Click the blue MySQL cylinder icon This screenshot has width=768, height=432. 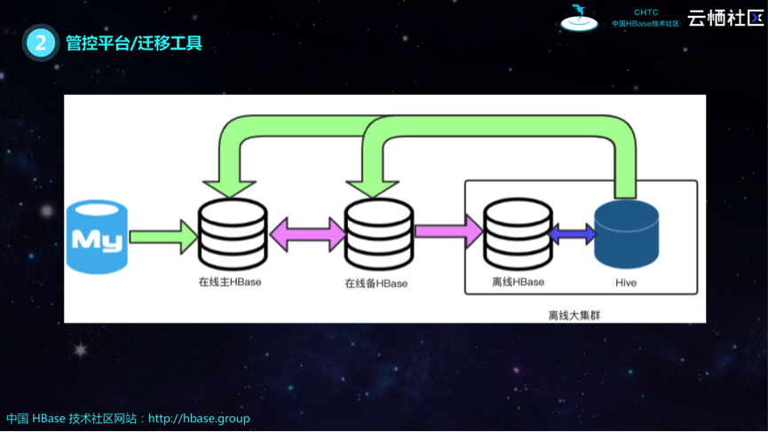(x=97, y=237)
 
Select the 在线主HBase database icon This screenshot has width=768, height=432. (x=233, y=234)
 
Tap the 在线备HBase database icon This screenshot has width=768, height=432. (x=379, y=234)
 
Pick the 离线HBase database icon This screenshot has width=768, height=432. (x=518, y=234)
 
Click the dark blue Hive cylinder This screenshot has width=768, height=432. (x=626, y=234)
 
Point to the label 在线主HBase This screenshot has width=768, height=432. (x=230, y=282)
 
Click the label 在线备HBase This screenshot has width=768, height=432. (x=376, y=283)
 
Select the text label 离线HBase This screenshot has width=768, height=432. (x=518, y=282)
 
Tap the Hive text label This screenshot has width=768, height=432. (x=626, y=282)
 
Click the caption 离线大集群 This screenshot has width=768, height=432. (x=574, y=315)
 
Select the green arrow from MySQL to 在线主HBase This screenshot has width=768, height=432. (x=163, y=237)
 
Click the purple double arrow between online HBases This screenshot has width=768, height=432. (x=307, y=234)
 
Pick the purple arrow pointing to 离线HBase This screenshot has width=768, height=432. (x=448, y=232)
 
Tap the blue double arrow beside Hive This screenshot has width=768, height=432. (x=573, y=234)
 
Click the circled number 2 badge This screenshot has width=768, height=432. (x=40, y=43)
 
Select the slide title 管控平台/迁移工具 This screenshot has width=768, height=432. (x=134, y=43)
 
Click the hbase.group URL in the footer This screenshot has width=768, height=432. (x=199, y=418)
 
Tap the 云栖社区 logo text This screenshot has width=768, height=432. (x=724, y=18)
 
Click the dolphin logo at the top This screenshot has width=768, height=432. (x=579, y=17)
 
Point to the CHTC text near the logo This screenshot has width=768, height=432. (x=645, y=12)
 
